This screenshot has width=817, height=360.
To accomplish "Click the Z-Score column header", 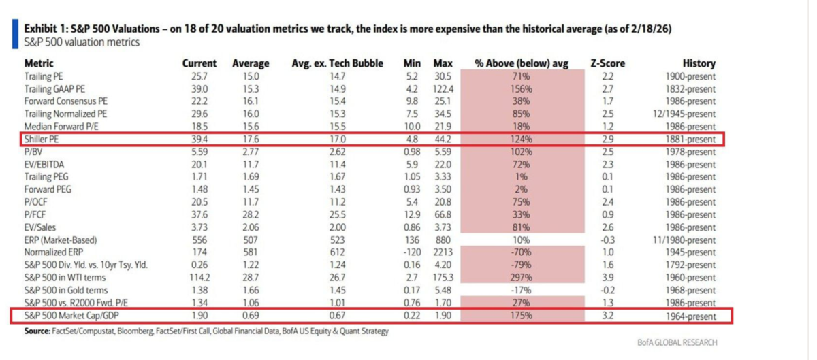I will [607, 63].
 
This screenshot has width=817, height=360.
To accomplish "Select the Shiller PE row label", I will [43, 139].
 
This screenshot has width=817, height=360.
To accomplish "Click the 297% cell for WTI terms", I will [523, 278].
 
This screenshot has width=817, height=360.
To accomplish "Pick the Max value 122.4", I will [443, 88].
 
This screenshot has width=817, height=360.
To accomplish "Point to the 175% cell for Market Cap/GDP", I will [523, 315].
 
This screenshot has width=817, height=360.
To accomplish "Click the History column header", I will [699, 63].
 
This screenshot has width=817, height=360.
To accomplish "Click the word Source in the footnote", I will [37, 331].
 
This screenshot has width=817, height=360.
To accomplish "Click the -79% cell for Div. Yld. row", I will [523, 265].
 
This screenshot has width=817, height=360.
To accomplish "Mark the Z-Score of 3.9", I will [608, 278].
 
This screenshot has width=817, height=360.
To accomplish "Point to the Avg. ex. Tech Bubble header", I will [338, 63].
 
